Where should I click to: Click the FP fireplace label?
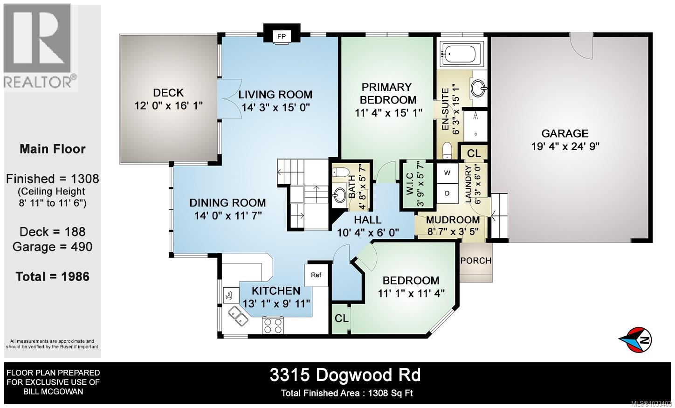[x=282, y=36]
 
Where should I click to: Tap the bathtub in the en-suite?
[x=461, y=54]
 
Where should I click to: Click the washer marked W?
[x=447, y=173]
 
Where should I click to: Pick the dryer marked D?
[x=447, y=193]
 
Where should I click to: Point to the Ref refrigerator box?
[x=316, y=275]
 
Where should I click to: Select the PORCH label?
[x=475, y=261]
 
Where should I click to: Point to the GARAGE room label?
[x=565, y=133]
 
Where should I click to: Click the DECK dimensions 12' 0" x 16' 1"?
[x=168, y=106]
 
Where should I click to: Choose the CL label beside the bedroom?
[x=341, y=318]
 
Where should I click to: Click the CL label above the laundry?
[x=474, y=153]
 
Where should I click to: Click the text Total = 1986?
[x=52, y=277]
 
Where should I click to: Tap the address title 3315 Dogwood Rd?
[x=345, y=375]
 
